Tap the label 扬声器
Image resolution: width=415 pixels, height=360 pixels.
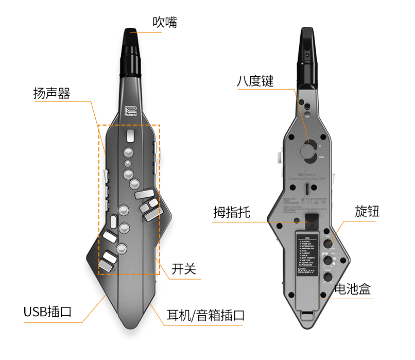[x=51, y=94]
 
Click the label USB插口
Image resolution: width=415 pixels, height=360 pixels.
[x=47, y=312]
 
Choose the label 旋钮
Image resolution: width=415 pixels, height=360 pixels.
[x=367, y=212]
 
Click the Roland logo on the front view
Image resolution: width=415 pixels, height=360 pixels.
[x=131, y=111]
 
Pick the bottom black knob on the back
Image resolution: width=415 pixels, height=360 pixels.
[x=327, y=278]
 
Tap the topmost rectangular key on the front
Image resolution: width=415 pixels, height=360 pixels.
[x=130, y=136]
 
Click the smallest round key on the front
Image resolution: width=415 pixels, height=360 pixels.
[x=127, y=164]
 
